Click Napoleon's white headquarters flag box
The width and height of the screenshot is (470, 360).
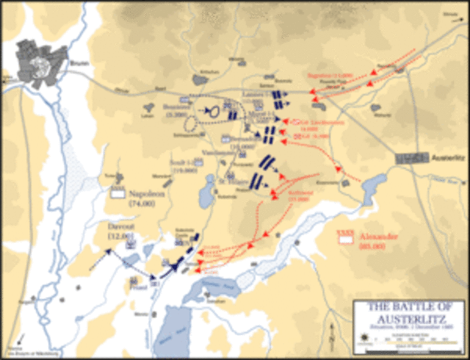coord(117,193)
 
